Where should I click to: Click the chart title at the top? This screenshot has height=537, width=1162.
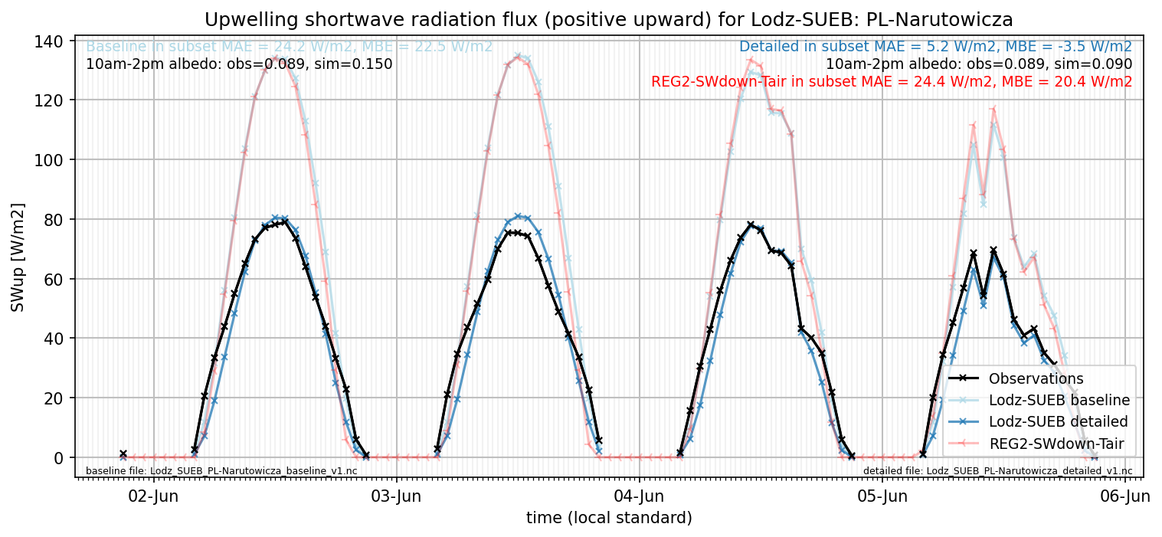pos(608,20)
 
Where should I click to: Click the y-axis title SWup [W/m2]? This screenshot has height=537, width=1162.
pos(18,257)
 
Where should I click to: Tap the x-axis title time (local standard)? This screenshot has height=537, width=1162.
pos(609,517)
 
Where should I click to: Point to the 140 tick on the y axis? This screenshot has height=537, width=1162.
pos(48,41)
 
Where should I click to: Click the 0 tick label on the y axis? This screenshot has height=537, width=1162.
pos(58,458)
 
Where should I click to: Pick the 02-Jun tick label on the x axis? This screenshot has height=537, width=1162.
pos(153,496)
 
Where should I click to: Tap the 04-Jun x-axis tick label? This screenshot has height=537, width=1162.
pos(639,496)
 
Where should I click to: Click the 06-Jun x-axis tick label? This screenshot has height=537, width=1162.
pos(1124,496)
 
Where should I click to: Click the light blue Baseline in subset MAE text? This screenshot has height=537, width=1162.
pos(289,47)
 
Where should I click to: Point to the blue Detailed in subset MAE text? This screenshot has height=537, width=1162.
pos(935,47)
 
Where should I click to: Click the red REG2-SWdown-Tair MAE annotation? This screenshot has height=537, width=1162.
pos(892,81)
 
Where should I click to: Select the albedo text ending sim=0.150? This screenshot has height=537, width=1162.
pos(239,64)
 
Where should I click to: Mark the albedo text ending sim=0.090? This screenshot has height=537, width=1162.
pos(979,64)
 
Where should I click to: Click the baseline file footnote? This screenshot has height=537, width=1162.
pos(221,471)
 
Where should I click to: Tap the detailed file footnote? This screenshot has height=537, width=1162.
pos(997,471)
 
